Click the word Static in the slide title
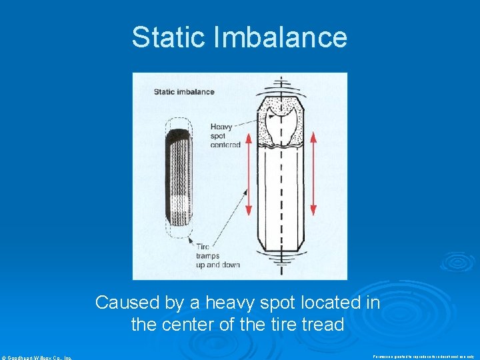coord(169,37)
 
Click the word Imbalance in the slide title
coord(280,37)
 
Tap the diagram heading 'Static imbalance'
coord(184,91)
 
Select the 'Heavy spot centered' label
coord(225,135)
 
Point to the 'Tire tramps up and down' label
coord(217,255)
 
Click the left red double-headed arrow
coord(249,173)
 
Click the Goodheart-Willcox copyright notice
coord(37,357)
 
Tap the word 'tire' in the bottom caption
coord(274,325)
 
